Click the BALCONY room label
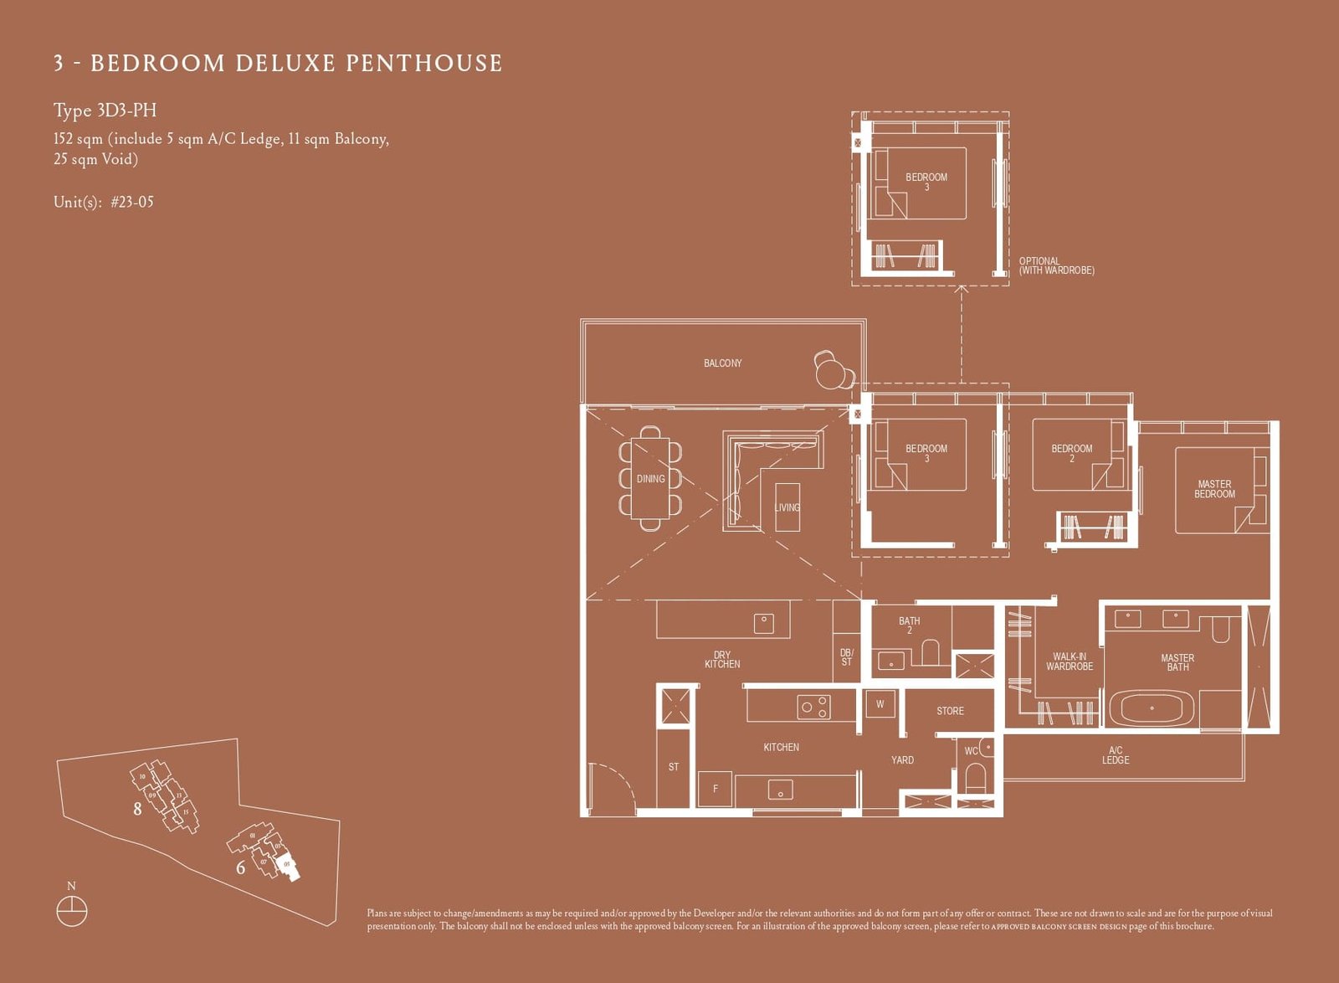click(x=722, y=363)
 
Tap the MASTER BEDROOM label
click(x=1214, y=489)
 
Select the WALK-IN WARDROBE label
click(x=1069, y=661)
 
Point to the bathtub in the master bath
click(x=1152, y=708)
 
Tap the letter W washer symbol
click(x=880, y=704)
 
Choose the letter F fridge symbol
click(x=715, y=789)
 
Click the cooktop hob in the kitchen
click(x=814, y=708)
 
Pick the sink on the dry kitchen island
click(x=763, y=623)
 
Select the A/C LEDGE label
click(x=1116, y=755)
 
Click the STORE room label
click(x=950, y=711)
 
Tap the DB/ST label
click(x=846, y=657)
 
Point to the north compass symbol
click(x=72, y=910)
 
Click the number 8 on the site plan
click(x=137, y=809)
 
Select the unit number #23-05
click(x=132, y=202)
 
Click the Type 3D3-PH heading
click(x=105, y=111)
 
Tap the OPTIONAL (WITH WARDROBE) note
click(x=1056, y=265)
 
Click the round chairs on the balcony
click(x=833, y=369)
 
